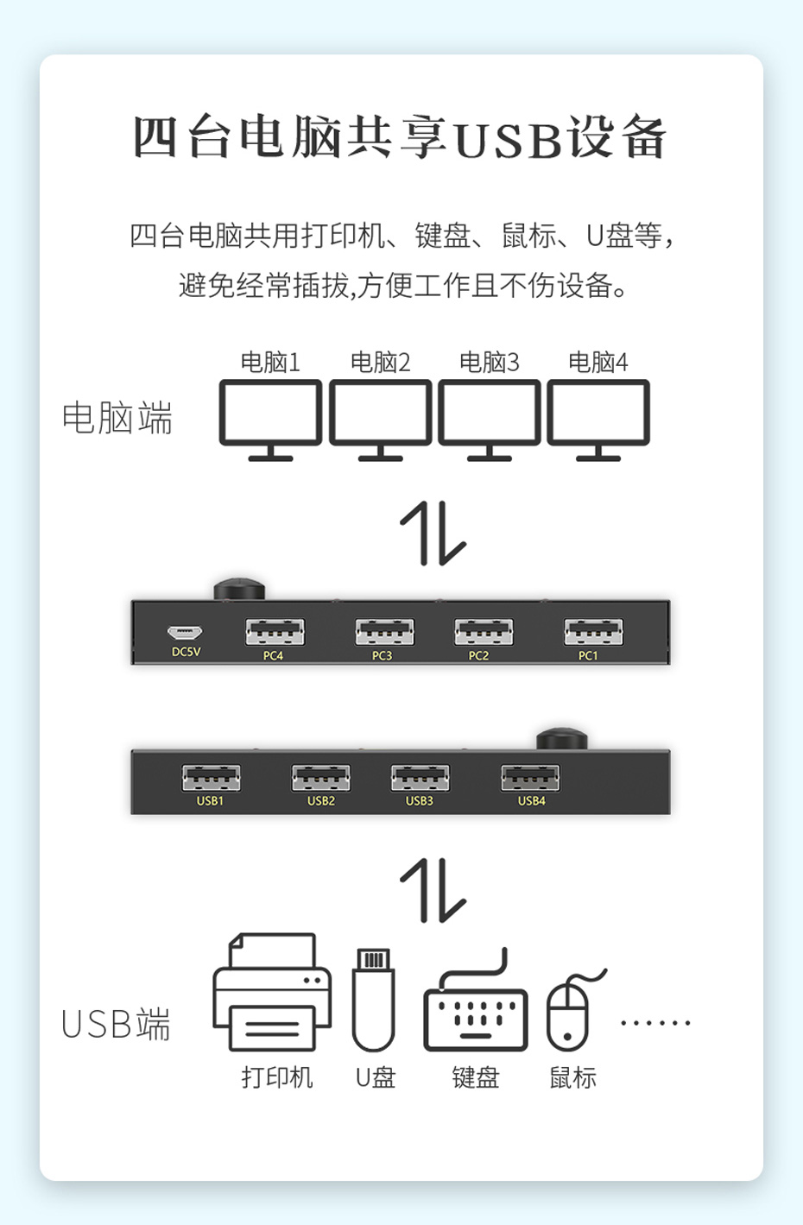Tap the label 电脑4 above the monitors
tap(598, 362)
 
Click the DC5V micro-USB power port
tap(185, 633)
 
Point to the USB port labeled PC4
tap(275, 633)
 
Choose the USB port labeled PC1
tap(593, 633)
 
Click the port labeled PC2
tap(484, 633)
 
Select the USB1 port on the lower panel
tap(211, 778)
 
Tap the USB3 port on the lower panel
tap(420, 778)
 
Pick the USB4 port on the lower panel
tap(530, 778)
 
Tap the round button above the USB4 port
tap(561, 739)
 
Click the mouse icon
tap(569, 1010)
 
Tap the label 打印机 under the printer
tap(276, 1077)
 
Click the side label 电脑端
tap(117, 418)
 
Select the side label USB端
tap(116, 1025)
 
